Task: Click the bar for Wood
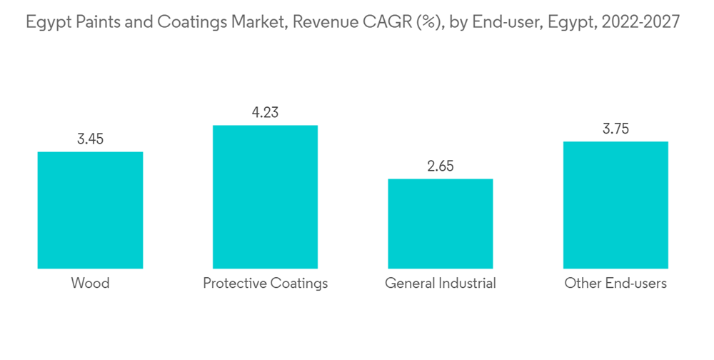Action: [90, 210]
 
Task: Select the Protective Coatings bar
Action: [265, 197]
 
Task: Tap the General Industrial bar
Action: [440, 224]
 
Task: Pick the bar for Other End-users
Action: [615, 205]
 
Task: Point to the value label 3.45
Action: [90, 139]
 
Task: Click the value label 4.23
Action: [265, 113]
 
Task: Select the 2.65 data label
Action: [440, 166]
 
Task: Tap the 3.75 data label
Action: [615, 129]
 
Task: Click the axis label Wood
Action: [90, 284]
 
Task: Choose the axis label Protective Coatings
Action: [265, 284]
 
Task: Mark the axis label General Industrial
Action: [440, 284]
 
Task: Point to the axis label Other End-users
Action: [615, 284]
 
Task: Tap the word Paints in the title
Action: [94, 23]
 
